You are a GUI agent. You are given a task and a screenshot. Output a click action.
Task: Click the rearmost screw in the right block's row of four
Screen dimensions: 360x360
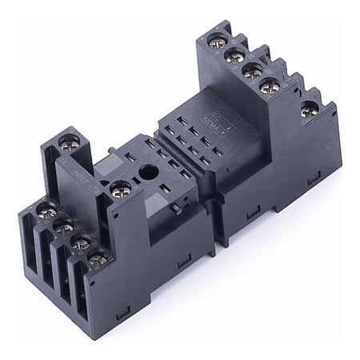click(215, 39)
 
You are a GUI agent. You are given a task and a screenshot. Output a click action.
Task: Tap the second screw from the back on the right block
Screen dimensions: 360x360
click(234, 55)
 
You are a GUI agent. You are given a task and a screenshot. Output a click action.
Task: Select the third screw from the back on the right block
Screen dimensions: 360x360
click(252, 70)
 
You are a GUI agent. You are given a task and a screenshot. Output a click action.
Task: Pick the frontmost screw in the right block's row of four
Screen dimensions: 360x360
click(270, 86)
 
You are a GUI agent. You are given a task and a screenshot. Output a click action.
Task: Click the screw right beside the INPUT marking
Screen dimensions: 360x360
click(121, 190)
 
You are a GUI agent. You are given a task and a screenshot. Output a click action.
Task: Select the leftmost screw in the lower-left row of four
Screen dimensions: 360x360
click(46, 211)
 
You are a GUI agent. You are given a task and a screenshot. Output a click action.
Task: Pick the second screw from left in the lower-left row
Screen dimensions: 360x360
click(63, 226)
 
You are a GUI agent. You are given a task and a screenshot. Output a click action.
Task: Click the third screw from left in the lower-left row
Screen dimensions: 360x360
click(80, 242)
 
